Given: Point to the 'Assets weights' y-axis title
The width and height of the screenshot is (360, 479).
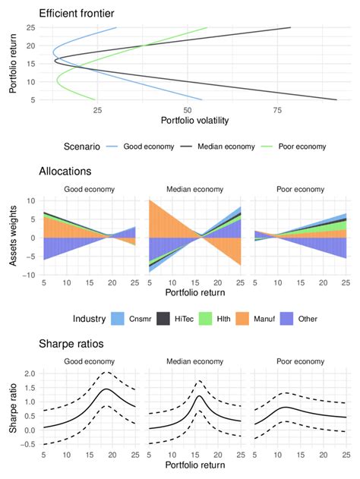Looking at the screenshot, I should click(x=13, y=238).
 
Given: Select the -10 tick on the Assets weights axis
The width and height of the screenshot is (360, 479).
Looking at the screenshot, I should click(x=28, y=275).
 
